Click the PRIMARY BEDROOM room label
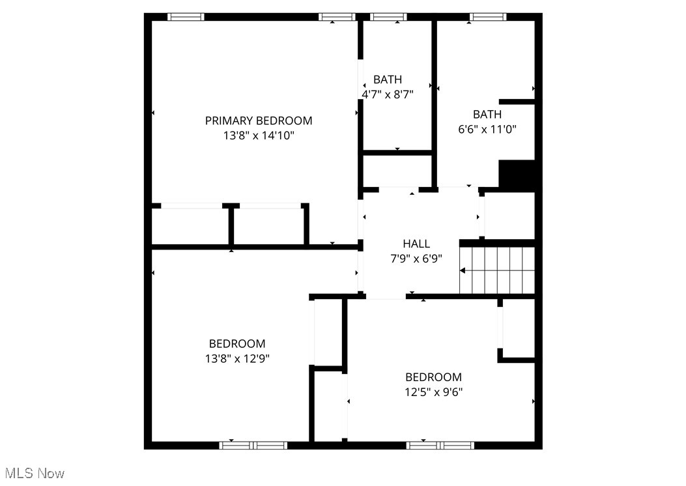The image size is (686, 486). (259, 121)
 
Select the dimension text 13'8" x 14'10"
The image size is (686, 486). (259, 136)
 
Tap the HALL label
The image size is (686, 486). (416, 244)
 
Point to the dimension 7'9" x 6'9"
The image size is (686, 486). (416, 258)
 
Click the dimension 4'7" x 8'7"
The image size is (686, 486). (388, 94)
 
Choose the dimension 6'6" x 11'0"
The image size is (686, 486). (487, 129)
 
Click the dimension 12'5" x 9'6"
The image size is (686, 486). (434, 392)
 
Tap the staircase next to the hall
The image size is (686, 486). (498, 270)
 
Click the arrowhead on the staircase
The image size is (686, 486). (463, 270)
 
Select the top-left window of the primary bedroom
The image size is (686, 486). (186, 17)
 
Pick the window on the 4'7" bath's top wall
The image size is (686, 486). (389, 17)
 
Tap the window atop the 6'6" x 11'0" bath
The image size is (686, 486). (489, 17)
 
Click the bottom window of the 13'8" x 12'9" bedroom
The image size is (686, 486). (253, 446)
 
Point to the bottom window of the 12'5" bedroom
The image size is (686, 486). (440, 446)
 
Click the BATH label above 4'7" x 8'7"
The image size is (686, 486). (388, 79)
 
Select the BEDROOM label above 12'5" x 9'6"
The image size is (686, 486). (434, 377)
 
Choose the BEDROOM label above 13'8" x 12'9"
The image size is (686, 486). (237, 343)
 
